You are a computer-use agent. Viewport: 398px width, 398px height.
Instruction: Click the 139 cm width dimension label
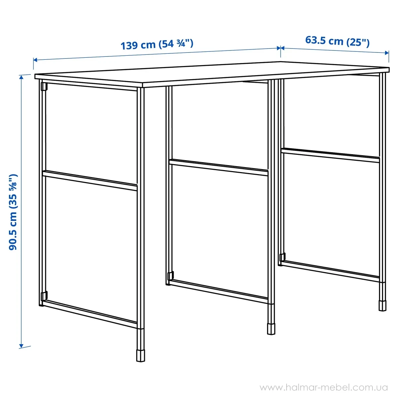[157, 44]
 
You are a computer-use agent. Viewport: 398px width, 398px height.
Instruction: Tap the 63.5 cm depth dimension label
[337, 41]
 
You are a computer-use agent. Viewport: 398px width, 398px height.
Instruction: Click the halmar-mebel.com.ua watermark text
[323, 387]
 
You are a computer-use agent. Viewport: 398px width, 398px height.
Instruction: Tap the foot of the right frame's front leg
[382, 305]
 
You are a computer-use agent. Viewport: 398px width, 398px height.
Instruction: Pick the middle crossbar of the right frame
[330, 155]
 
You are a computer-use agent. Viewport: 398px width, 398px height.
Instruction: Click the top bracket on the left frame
[43, 87]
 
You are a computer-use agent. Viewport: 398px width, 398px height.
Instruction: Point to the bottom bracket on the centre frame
[170, 276]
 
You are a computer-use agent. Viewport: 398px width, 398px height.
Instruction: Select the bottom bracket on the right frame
[282, 257]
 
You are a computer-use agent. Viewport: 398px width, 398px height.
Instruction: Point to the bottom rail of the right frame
[330, 269]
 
